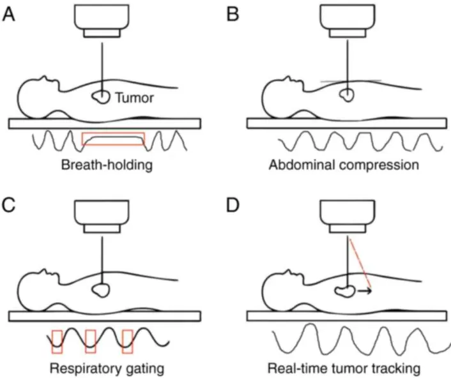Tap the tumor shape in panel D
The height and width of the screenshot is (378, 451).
346,291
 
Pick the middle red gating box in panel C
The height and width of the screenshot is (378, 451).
90,340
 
